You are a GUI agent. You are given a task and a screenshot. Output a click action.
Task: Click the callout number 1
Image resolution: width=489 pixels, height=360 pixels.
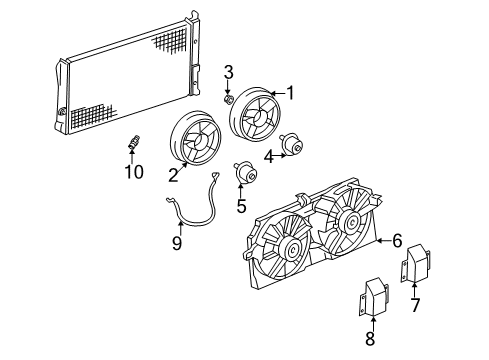click(291, 94)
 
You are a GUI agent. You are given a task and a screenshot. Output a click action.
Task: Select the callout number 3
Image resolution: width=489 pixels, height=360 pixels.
click(228, 71)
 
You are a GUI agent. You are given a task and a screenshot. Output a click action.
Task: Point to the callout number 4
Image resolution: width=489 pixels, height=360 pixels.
click(268, 156)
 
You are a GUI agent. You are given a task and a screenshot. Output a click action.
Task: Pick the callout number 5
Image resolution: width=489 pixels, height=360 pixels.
click(241, 207)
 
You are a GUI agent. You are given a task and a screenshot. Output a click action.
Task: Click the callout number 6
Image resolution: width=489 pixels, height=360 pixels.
click(397, 240)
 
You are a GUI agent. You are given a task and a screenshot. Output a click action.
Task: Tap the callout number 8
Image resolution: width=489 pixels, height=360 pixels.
click(370, 338)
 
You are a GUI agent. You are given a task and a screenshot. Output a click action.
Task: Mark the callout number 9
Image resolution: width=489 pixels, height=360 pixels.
click(176, 243)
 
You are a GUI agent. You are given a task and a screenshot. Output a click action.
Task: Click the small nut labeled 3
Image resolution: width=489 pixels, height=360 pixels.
click(229, 98)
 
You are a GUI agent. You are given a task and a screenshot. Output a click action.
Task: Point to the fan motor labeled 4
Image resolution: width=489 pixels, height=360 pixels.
click(295, 144)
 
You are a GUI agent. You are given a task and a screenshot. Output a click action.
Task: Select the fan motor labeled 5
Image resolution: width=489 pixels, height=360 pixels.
click(243, 176)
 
